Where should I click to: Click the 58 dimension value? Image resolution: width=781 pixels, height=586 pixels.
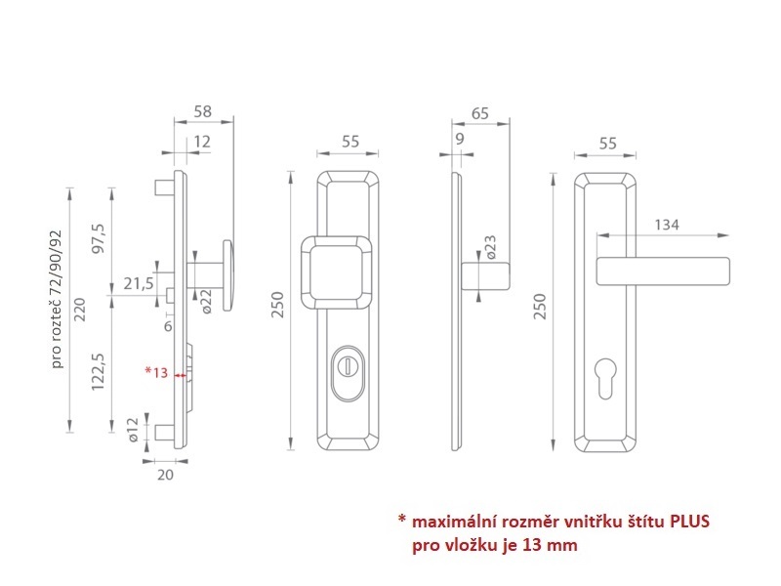click(x=203, y=111)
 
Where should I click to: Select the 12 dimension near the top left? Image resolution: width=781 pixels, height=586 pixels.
click(x=202, y=142)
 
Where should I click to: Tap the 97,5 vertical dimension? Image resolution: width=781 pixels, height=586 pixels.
click(x=99, y=238)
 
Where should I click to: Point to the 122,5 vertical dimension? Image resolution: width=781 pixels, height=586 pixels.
click(x=98, y=371)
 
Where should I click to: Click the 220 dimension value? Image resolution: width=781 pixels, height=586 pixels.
click(x=80, y=310)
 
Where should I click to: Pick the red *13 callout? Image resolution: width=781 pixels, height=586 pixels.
click(x=156, y=372)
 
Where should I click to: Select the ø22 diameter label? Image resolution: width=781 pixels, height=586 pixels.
click(x=207, y=302)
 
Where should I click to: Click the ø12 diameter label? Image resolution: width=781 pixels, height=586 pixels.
click(x=133, y=430)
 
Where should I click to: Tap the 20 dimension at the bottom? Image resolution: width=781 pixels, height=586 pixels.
click(x=165, y=475)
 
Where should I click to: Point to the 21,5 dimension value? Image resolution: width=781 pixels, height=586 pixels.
click(x=139, y=283)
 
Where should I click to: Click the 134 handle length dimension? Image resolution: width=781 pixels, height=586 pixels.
click(x=667, y=225)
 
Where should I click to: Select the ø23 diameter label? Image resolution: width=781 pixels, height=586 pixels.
click(x=491, y=247)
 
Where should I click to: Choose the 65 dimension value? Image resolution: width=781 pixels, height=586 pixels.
click(x=479, y=113)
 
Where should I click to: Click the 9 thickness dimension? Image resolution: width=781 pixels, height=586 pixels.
click(x=460, y=139)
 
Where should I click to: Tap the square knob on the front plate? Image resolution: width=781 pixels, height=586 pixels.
click(x=336, y=272)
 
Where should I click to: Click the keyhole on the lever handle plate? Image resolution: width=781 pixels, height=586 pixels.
click(x=605, y=378)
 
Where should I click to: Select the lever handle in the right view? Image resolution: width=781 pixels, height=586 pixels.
click(x=663, y=272)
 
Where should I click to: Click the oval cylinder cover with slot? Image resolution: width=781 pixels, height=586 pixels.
click(x=348, y=373)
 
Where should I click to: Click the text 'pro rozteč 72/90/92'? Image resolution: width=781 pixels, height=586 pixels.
click(x=58, y=299)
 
